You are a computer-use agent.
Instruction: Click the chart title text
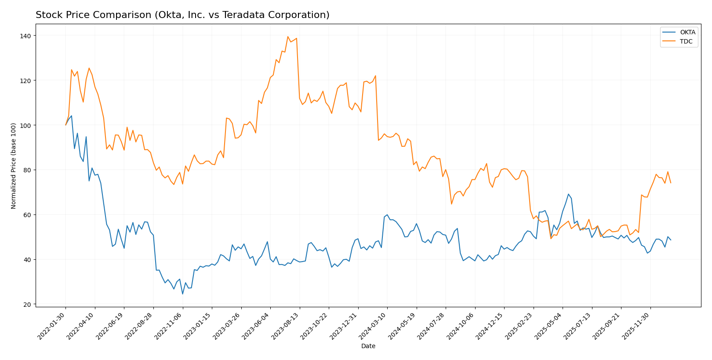[x=182, y=15]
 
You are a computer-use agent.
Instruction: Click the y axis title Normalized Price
[x=14, y=166]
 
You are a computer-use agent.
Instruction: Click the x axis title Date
[x=368, y=346]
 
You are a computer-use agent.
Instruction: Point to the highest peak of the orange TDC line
[x=288, y=36]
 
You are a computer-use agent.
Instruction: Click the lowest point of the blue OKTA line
[x=182, y=294]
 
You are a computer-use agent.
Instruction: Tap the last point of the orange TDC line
[x=671, y=183]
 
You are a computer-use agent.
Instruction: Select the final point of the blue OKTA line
[x=671, y=240]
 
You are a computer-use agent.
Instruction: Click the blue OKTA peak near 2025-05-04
[x=568, y=194]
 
